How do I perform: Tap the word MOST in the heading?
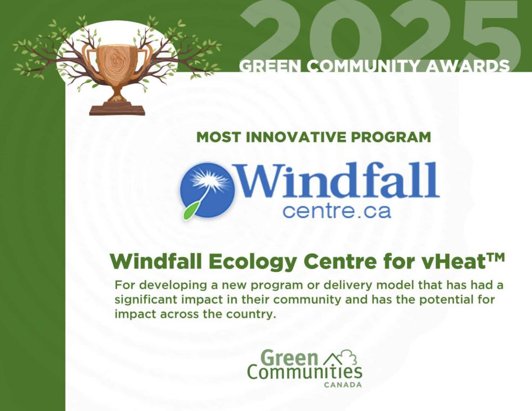[x=219, y=137]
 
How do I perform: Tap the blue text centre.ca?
[x=337, y=211]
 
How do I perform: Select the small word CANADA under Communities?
[x=343, y=385]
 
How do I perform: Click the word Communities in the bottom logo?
[x=304, y=373]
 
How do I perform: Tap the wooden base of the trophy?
[x=117, y=110]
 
